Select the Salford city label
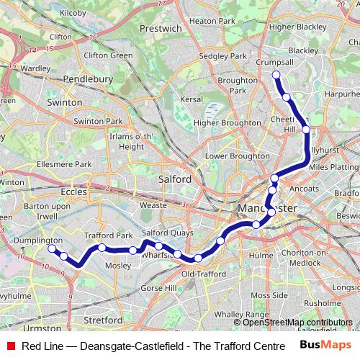click(x=174, y=179)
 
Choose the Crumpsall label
click(x=274, y=63)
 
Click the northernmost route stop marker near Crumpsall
click(x=276, y=74)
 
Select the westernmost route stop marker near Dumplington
click(x=52, y=248)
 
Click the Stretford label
click(x=104, y=319)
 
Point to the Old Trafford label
click(x=198, y=274)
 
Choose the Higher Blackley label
click(x=297, y=27)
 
